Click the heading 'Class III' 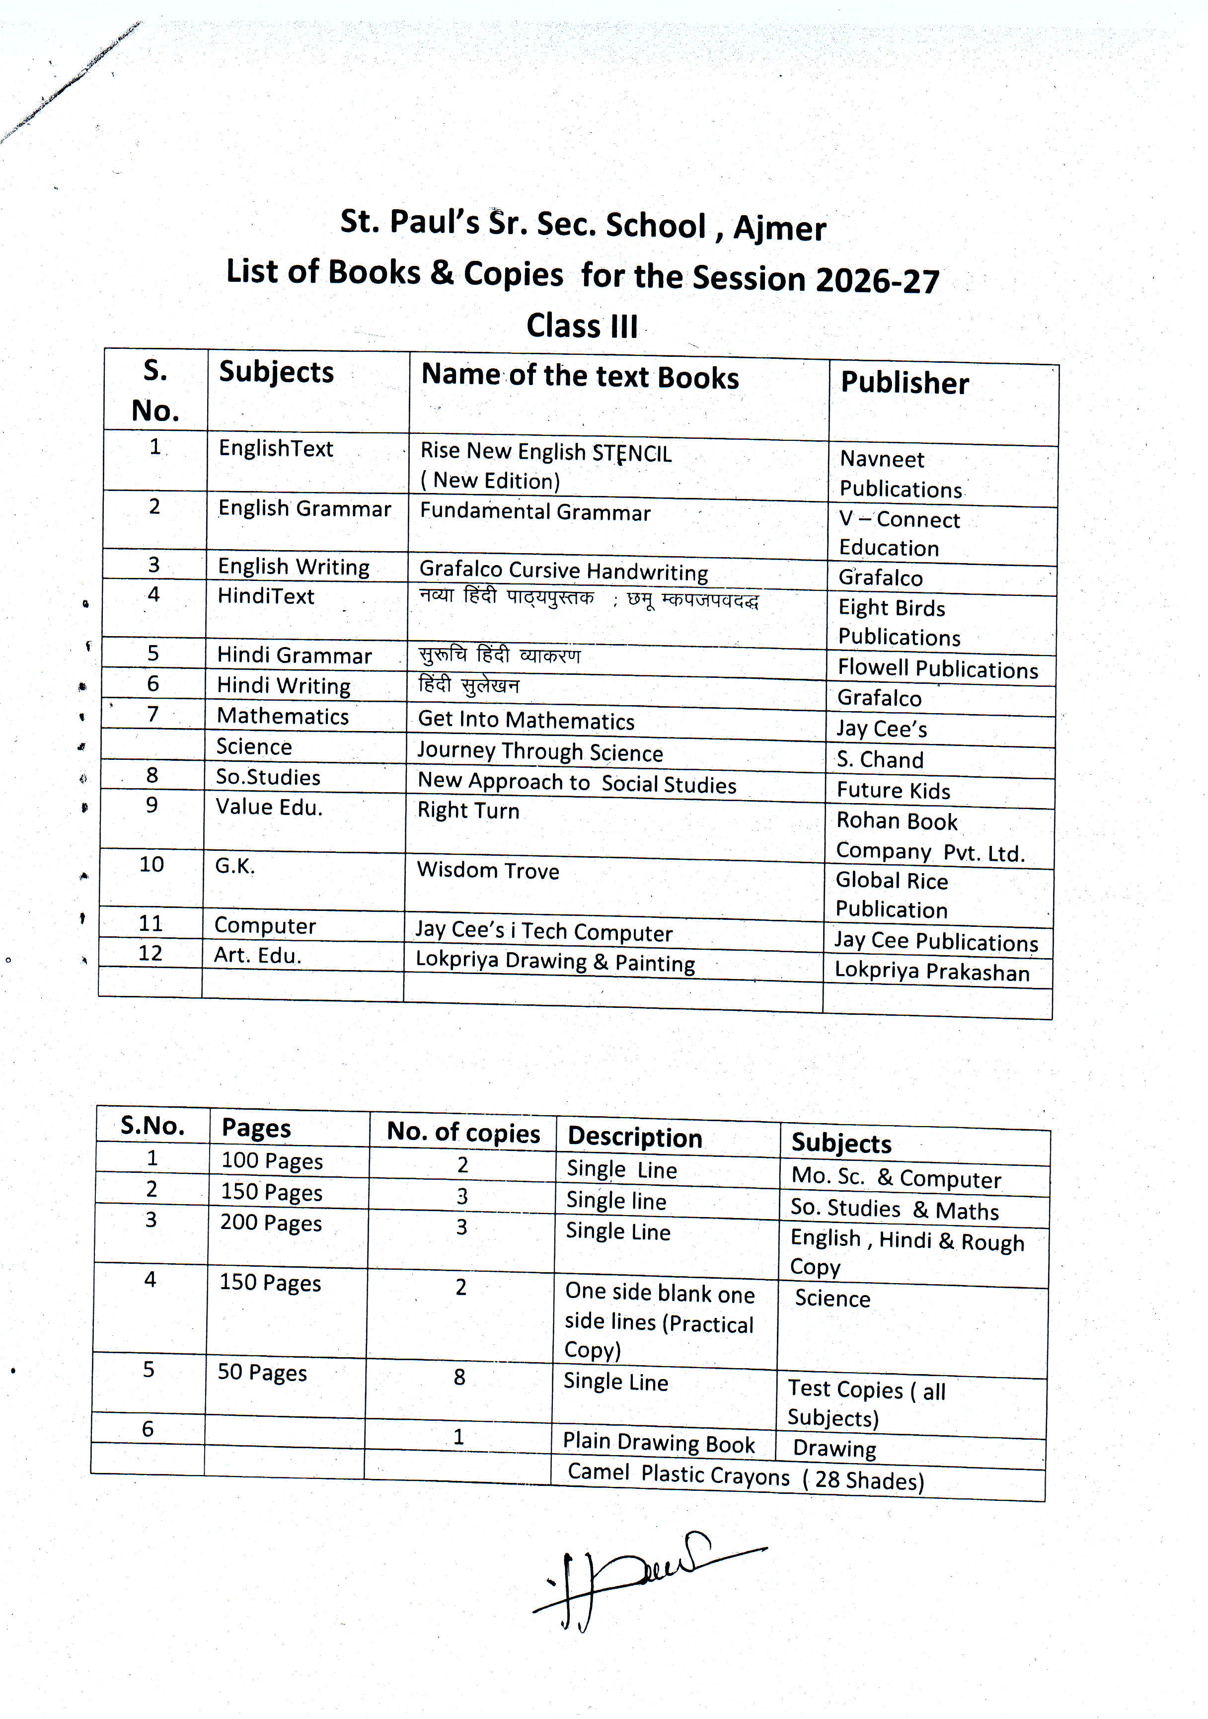[582, 326]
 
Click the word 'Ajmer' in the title [779, 228]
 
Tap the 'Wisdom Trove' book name [487, 870]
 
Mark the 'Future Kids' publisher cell [893, 791]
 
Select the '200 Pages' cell [270, 1223]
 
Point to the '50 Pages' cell [262, 1372]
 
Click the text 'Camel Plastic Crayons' [678, 1474]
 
